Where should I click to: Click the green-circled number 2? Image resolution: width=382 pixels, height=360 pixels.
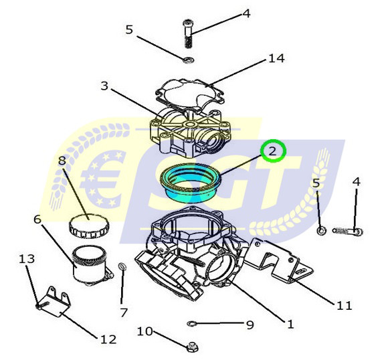point(272,151)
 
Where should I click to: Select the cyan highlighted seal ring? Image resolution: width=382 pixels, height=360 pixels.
point(190,183)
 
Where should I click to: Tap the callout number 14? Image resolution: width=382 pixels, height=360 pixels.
point(276,58)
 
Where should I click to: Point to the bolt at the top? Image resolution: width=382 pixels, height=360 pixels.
point(188,34)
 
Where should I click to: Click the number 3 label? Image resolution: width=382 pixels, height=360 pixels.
point(104,86)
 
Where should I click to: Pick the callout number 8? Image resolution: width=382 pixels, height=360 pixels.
point(62,161)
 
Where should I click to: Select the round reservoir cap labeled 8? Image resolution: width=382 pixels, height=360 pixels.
point(89,226)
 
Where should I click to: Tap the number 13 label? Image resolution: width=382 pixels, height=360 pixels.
point(27,259)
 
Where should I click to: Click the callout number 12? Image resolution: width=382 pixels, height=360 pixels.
point(108,339)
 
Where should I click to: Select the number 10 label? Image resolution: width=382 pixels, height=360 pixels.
point(145,331)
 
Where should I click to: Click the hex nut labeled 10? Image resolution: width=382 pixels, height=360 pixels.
point(193,347)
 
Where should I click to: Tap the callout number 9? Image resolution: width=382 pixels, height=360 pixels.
point(250,325)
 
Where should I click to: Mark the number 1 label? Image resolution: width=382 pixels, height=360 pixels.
point(290,325)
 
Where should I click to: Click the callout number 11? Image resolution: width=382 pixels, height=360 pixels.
point(345,305)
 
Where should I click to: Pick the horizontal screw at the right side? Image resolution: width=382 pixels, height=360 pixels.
point(348,231)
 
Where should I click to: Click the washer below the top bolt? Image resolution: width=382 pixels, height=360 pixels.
point(188,60)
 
